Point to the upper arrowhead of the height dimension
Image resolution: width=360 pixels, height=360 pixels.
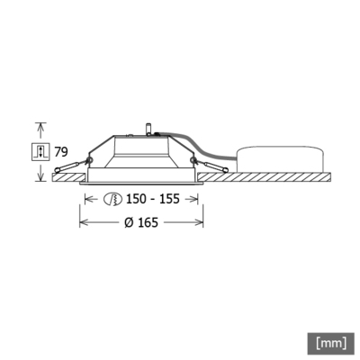[x=40, y=124]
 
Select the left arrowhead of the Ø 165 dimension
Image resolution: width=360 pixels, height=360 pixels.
[x=83, y=222]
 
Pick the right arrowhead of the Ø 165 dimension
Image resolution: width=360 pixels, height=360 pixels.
[x=200, y=222]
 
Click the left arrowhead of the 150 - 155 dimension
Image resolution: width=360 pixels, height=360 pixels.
[x=88, y=199]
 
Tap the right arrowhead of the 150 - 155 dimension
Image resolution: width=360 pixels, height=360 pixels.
[x=195, y=199]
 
